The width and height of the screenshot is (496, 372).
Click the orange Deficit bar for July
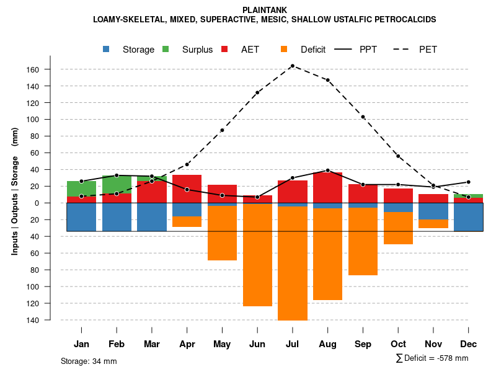[293, 263]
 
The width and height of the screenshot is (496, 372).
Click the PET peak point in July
[292, 65]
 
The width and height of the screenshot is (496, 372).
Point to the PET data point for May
[222, 130]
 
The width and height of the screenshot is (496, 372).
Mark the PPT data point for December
[469, 182]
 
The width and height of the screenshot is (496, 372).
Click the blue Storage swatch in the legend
[107, 49]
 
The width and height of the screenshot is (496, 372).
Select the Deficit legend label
[313, 50]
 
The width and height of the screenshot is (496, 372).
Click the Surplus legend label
[197, 50]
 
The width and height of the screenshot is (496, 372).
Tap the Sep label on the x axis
[363, 344]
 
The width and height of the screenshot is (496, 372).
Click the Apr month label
[187, 344]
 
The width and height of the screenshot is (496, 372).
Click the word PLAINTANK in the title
[264, 10]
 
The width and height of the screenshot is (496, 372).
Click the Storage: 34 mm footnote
[89, 361]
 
